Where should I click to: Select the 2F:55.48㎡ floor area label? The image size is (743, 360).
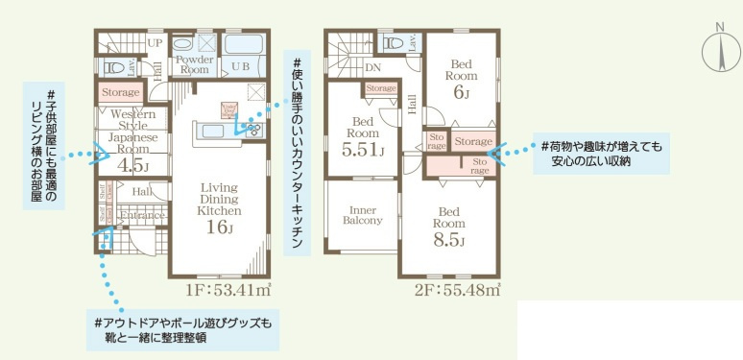pos(457,289)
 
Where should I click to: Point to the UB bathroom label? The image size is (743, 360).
pos(240,68)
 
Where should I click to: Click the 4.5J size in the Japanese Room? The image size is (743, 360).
pos(128,165)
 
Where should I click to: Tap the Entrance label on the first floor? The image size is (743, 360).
pos(140,216)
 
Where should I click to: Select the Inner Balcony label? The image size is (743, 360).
pos(362,214)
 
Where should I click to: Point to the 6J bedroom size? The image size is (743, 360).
pos(462,92)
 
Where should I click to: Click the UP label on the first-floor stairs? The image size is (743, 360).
pos(154,42)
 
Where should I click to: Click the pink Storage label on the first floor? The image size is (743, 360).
pos(120,92)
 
